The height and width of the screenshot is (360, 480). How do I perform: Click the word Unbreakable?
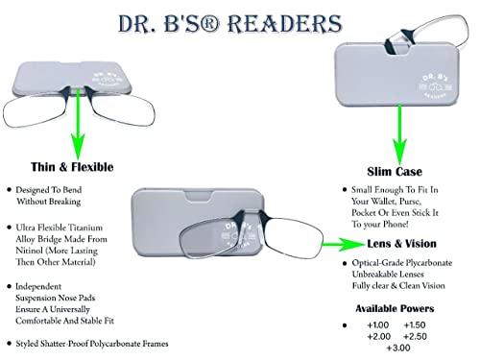[x=378, y=274]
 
